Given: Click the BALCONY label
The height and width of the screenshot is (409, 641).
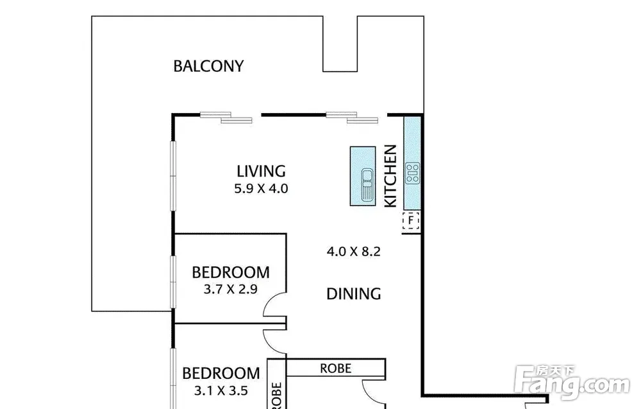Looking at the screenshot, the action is [208, 66].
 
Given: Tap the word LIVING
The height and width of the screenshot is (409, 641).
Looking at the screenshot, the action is [262, 171].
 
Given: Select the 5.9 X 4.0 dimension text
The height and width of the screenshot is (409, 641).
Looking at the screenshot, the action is [262, 189].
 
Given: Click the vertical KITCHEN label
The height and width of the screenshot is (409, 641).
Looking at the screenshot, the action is [391, 176].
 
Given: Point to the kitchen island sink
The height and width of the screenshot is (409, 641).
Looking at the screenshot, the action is [367, 185].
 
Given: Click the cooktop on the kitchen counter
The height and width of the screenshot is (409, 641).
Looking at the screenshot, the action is [412, 173].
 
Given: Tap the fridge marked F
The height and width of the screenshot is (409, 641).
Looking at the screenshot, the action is [411, 221].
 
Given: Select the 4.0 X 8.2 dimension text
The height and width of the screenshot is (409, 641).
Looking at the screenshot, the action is [354, 252].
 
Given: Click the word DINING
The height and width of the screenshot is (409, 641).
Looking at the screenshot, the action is [354, 293].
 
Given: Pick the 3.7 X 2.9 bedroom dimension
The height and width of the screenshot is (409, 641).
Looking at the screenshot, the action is [231, 290].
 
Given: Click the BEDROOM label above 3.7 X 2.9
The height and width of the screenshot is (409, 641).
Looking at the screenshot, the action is [231, 272].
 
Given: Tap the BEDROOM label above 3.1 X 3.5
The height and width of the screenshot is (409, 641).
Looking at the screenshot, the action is [221, 374].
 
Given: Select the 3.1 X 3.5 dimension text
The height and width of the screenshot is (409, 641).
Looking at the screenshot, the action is [221, 390].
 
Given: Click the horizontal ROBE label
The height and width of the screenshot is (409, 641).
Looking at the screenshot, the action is [335, 369].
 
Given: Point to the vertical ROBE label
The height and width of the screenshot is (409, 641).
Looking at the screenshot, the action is [277, 395].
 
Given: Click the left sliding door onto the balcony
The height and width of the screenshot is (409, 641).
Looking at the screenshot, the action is [226, 117].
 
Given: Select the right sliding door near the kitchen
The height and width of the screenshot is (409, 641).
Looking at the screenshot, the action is [352, 117].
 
